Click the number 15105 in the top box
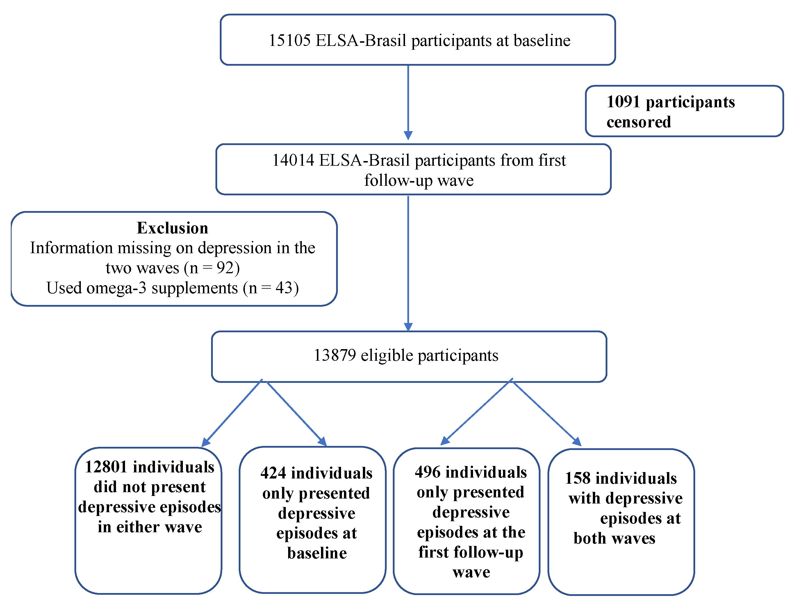pyautogui.click(x=289, y=40)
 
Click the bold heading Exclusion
pyautogui.click(x=172, y=228)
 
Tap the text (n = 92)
pyautogui.click(x=212, y=268)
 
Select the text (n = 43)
pyautogui.click(x=270, y=288)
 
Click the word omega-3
pyautogui.click(x=116, y=288)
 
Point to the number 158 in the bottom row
pyautogui.click(x=578, y=478)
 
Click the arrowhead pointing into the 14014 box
pyautogui.click(x=408, y=135)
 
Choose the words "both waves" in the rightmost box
pyautogui.click(x=614, y=539)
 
